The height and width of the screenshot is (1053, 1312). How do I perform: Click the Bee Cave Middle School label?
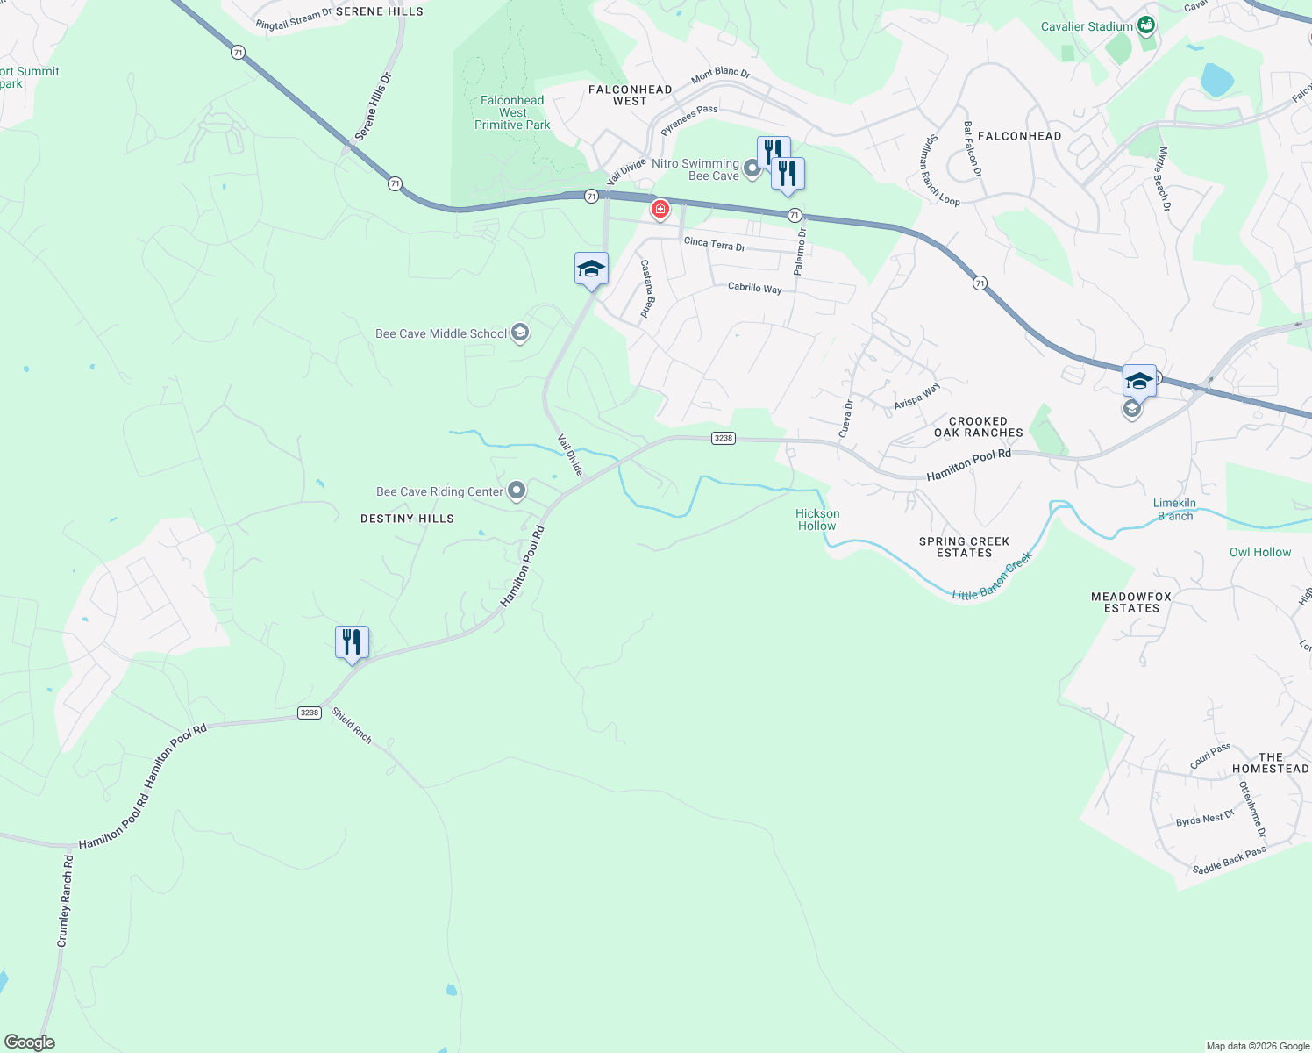(x=440, y=334)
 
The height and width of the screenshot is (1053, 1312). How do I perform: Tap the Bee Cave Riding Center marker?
(x=517, y=491)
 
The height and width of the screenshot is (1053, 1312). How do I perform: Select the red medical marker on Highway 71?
(x=660, y=209)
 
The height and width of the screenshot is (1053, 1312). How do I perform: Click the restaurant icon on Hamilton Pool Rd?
(x=352, y=642)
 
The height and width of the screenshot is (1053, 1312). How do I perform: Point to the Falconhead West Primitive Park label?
(x=512, y=113)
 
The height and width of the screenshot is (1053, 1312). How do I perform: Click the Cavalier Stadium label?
(x=1087, y=27)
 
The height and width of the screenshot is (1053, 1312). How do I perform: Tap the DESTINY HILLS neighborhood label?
(x=407, y=519)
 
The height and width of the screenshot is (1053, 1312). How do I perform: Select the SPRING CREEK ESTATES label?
(x=964, y=548)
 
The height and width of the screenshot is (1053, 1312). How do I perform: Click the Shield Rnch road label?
(x=352, y=726)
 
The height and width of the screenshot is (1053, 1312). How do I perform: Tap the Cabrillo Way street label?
(x=754, y=288)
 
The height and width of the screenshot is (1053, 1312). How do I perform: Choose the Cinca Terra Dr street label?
(x=714, y=245)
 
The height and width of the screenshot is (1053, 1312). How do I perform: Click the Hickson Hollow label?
(x=817, y=520)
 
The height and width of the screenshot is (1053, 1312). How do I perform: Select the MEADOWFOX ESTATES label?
(x=1131, y=602)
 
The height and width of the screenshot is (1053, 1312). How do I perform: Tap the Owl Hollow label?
(x=1259, y=553)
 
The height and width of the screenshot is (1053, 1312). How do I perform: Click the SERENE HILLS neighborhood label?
(x=379, y=11)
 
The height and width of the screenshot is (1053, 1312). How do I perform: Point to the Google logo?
(x=29, y=1042)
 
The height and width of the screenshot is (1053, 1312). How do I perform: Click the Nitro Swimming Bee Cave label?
(x=695, y=169)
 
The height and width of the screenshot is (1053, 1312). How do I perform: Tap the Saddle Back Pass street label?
(x=1229, y=860)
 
